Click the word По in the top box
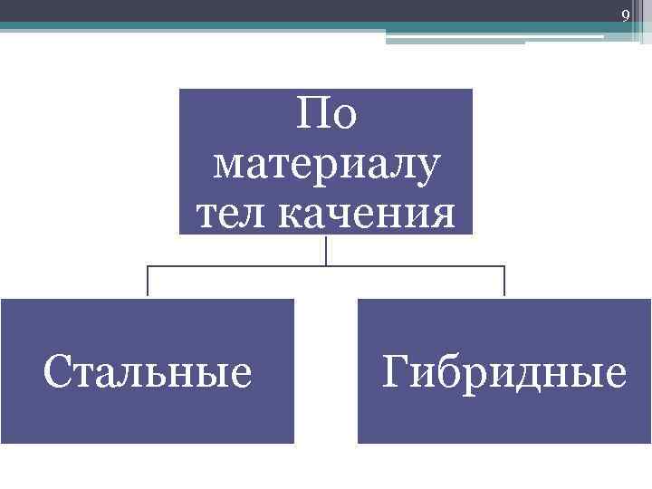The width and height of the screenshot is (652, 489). point(326,117)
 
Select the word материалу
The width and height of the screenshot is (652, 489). point(326,166)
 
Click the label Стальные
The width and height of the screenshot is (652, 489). point(148,372)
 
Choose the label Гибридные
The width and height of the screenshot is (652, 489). point(504,372)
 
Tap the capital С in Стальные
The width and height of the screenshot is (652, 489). point(57,372)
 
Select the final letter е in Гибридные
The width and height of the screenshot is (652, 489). point(616,374)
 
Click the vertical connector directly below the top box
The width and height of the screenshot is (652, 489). point(326,249)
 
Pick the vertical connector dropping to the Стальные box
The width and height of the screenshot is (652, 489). point(148,282)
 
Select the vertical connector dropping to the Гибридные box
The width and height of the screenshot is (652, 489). point(504,282)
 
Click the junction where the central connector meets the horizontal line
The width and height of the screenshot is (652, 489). point(326,266)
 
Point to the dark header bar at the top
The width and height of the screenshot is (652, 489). point(272,11)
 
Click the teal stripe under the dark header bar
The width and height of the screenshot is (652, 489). point(181,27)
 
